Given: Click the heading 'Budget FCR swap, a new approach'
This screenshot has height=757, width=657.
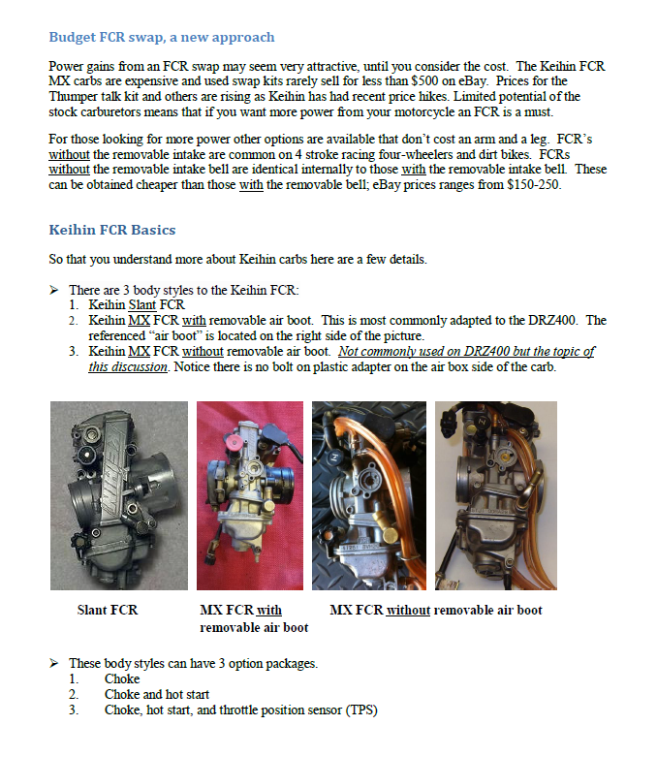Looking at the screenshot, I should click(161, 38).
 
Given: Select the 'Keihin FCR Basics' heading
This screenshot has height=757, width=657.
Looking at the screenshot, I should click(111, 231).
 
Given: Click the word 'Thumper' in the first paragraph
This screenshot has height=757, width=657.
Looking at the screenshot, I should click(75, 97).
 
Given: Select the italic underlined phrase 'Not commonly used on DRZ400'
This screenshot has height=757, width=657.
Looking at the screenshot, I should click(418, 351).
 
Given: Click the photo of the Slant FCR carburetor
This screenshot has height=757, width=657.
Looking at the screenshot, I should click(118, 495).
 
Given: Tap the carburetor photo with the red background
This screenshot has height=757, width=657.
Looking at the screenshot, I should click(250, 495).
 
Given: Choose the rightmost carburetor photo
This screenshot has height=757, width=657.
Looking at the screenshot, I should click(495, 495).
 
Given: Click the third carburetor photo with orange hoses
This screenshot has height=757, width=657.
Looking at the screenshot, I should click(369, 495).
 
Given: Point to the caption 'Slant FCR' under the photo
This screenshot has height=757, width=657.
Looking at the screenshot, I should click(108, 611).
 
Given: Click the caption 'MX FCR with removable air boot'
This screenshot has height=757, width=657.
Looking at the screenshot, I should click(253, 618).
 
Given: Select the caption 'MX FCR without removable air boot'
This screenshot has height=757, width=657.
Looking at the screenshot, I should click(435, 611).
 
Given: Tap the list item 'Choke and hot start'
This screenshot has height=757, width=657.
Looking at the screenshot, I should click(156, 695).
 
